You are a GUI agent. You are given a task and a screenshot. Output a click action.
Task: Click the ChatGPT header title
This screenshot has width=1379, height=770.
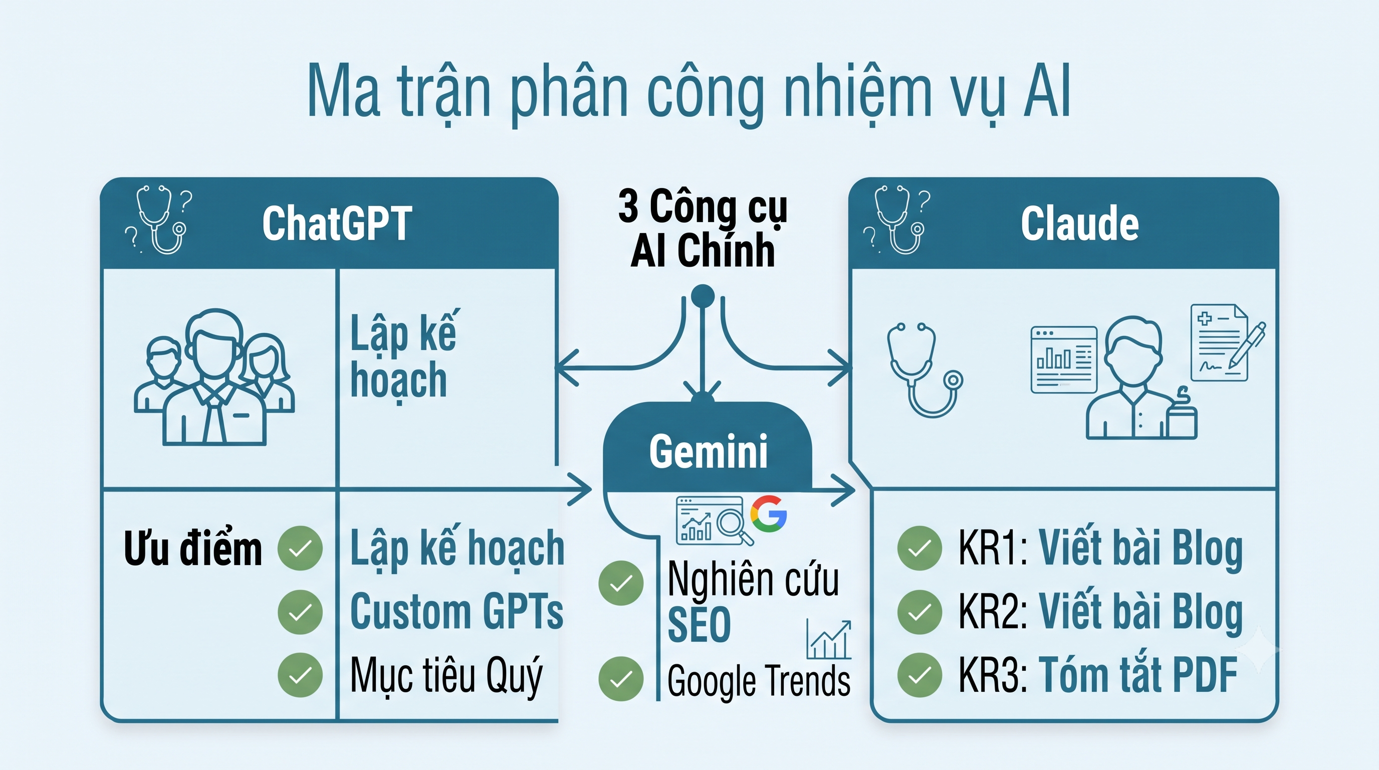337,223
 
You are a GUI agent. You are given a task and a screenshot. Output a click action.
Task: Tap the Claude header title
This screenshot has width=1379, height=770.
1079,223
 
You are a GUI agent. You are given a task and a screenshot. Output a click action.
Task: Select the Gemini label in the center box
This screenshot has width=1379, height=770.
708,451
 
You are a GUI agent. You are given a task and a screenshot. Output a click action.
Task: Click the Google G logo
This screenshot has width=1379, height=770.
768,513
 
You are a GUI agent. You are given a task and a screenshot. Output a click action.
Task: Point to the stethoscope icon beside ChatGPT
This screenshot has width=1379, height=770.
159,220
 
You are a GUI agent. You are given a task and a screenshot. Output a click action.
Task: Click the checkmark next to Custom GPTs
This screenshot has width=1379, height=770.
300,612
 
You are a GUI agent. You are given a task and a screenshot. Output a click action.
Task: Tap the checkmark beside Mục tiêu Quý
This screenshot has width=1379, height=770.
300,675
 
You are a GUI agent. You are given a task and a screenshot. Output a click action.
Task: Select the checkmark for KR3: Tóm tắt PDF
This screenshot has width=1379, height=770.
919,675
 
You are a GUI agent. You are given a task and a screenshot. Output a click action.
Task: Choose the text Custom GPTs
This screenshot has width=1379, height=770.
456,612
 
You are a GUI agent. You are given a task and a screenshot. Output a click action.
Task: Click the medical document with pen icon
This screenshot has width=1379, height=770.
1226,343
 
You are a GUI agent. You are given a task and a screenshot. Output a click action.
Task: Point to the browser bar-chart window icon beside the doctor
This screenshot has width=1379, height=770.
1064,360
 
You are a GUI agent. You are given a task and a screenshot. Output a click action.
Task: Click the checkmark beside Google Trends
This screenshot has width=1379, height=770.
620,678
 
